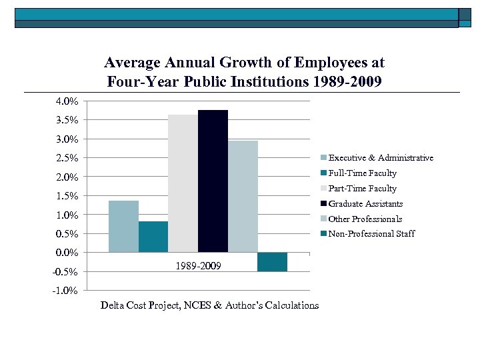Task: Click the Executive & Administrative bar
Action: (123, 226)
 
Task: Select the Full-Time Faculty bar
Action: (153, 237)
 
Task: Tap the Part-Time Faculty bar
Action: (183, 183)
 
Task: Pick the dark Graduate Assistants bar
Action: (213, 181)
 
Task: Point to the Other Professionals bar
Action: (243, 197)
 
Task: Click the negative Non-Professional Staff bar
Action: (272, 262)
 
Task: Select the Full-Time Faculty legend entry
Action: (362, 173)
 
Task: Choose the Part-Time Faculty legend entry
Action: (362, 189)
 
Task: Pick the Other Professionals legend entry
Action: (365, 219)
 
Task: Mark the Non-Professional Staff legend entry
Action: (371, 234)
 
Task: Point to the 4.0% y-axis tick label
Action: (66, 102)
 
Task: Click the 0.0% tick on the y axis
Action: (66, 253)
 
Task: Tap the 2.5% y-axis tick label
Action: (66, 159)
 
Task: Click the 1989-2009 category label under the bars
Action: (198, 267)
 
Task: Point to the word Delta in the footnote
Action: (113, 305)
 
